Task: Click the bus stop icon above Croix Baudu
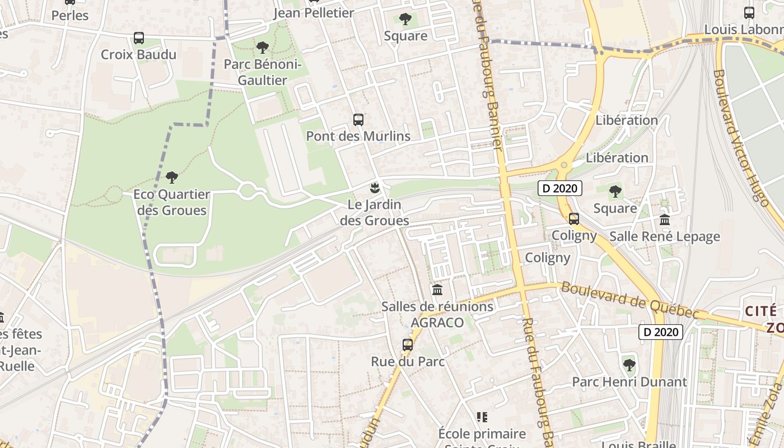[139, 38]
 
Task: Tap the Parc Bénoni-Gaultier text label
[263, 72]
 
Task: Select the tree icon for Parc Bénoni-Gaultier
[262, 48]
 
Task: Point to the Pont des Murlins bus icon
[358, 119]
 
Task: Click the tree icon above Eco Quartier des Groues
[172, 178]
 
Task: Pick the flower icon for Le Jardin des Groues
[375, 188]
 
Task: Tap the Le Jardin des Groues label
[375, 213]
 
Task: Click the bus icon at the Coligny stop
[574, 219]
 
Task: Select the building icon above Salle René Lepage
[665, 220]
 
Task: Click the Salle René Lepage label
[665, 236]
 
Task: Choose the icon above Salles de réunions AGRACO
[437, 290]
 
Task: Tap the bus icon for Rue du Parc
[408, 345]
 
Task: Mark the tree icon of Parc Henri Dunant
[629, 365]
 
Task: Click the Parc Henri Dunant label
[629, 382]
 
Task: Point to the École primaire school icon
[482, 417]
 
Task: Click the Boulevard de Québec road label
[630, 301]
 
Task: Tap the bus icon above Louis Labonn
[749, 12]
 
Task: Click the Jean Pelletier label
[314, 13]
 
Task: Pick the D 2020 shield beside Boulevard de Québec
[661, 332]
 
